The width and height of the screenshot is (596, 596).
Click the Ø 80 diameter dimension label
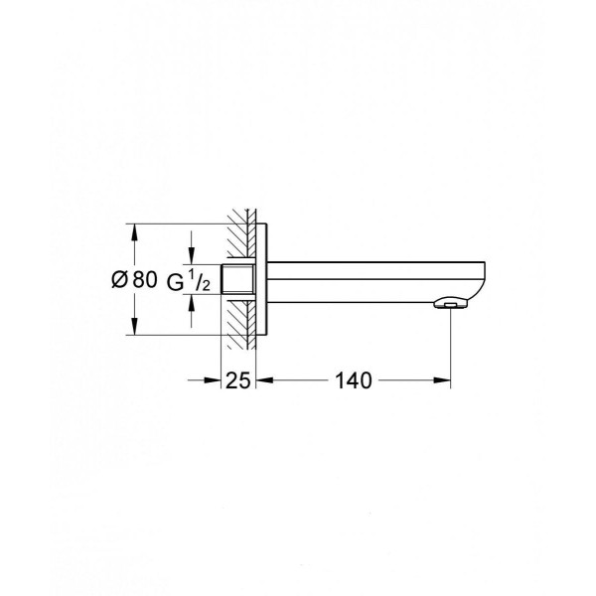134,280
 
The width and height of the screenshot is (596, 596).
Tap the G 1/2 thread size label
188,281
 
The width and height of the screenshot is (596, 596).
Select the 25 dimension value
238,380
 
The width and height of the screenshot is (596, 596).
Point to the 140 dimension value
353,380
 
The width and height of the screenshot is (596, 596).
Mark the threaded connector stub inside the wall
237,280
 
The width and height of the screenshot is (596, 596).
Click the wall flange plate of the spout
262,280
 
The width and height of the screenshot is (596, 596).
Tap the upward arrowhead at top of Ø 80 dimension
134,231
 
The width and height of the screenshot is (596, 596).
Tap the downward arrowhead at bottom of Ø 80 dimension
134,327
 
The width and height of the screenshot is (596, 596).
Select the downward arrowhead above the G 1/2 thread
192,256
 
